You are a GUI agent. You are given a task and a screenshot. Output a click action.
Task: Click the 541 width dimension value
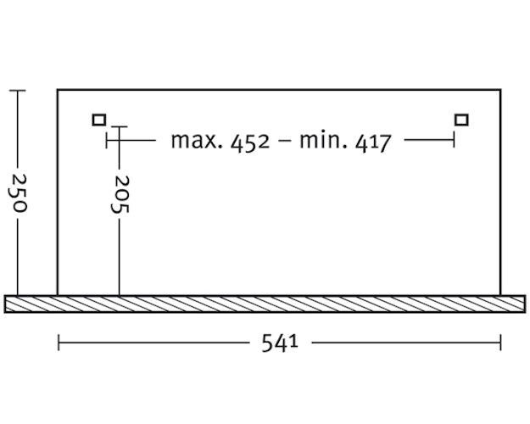280,343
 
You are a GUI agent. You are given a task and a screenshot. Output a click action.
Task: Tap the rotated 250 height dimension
19,193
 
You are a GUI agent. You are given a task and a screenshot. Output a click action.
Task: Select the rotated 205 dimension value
120,194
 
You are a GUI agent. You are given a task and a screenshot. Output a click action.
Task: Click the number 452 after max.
250,142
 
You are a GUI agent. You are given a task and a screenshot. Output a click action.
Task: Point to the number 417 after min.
373,142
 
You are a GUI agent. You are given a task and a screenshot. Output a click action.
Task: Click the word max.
197,141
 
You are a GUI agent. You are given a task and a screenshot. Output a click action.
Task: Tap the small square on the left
99,120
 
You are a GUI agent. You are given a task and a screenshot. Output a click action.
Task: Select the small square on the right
461,120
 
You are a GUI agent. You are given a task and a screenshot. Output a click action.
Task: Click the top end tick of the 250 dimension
18,91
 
